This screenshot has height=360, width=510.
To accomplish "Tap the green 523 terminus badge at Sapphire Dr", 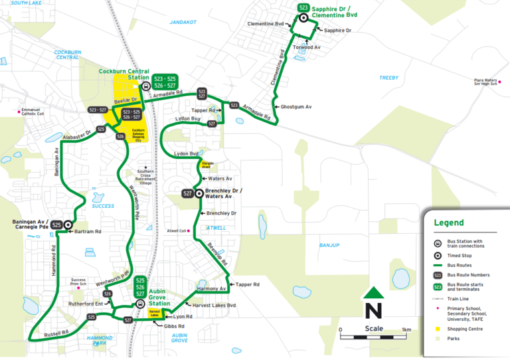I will point(303,7).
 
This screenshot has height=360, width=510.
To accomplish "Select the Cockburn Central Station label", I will point(124,74).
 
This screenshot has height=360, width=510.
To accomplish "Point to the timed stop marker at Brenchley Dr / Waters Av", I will point(198,193).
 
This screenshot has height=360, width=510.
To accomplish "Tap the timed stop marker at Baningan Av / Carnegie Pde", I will point(68,225).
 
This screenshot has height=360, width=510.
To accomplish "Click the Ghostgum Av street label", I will point(296,106).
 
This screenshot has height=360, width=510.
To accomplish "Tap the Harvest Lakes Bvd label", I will point(214,305).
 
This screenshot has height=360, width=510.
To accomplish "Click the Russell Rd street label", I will point(56,332).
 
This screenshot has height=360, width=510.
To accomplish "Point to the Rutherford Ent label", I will point(90,304).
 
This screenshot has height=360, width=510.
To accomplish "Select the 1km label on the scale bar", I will point(406,329).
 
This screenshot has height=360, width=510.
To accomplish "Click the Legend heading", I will point(449,223).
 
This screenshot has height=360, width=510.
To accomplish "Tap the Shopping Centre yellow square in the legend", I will point(438,329).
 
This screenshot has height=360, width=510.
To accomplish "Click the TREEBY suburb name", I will point(388,78).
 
